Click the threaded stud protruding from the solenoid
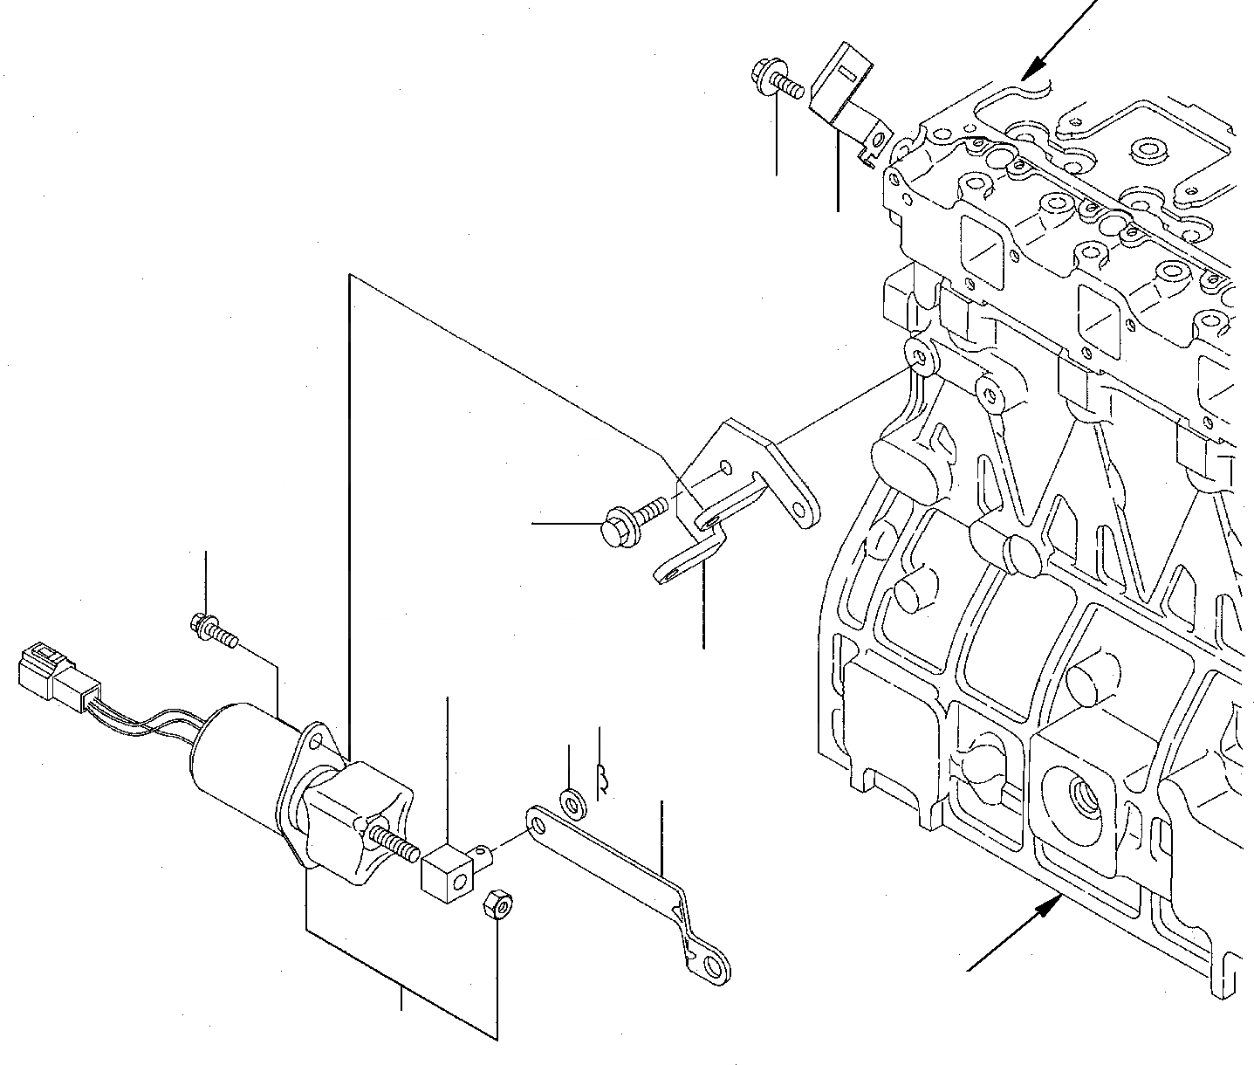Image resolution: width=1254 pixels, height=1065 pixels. point(397,842)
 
